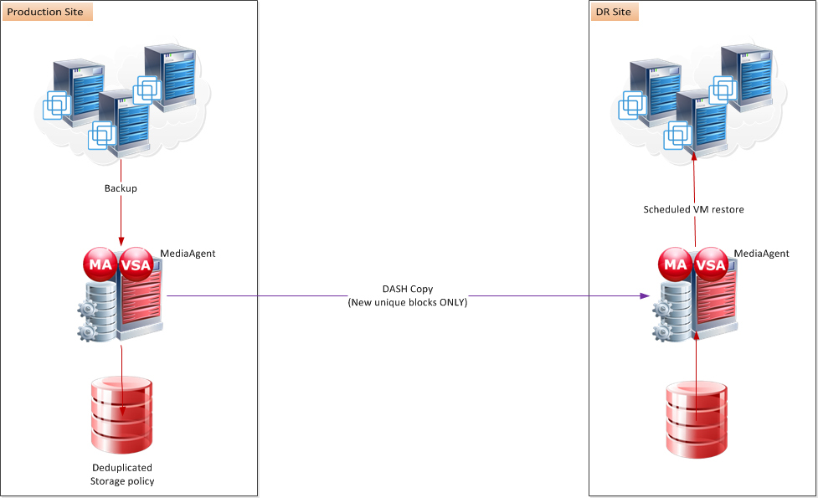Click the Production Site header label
coord(47,13)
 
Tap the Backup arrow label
coord(121,188)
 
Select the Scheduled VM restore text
coord(693,209)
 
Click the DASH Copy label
coord(407,289)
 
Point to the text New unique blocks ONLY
coord(407,302)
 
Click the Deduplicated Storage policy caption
coord(122,475)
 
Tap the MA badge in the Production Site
coord(100,264)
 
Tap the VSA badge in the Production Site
coord(136,264)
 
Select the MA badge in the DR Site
coord(676,264)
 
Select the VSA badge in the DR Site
coord(712,264)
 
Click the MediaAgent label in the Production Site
coord(188,253)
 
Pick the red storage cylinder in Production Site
coord(122,416)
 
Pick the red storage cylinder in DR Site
coord(697,420)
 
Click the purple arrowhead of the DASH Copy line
coord(645,295)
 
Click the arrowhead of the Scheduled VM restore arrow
coord(695,155)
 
